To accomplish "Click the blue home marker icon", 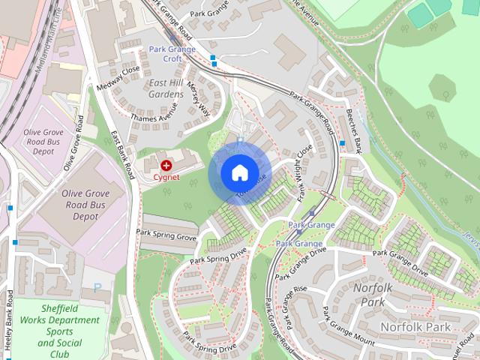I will pyautogui.click(x=239, y=173).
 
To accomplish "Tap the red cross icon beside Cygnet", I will pyautogui.click(x=165, y=164).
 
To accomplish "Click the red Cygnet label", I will pyautogui.click(x=166, y=177).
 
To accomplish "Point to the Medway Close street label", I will pyautogui.click(x=118, y=78).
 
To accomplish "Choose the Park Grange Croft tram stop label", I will pyautogui.click(x=172, y=54).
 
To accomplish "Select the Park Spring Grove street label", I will pyautogui.click(x=166, y=235).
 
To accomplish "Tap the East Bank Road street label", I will pyautogui.click(x=121, y=154).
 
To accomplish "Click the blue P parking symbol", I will pyautogui.click(x=98, y=287).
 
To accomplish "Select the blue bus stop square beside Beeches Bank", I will pyautogui.click(x=342, y=143).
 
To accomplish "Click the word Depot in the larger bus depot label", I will pyautogui.click(x=85, y=216).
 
